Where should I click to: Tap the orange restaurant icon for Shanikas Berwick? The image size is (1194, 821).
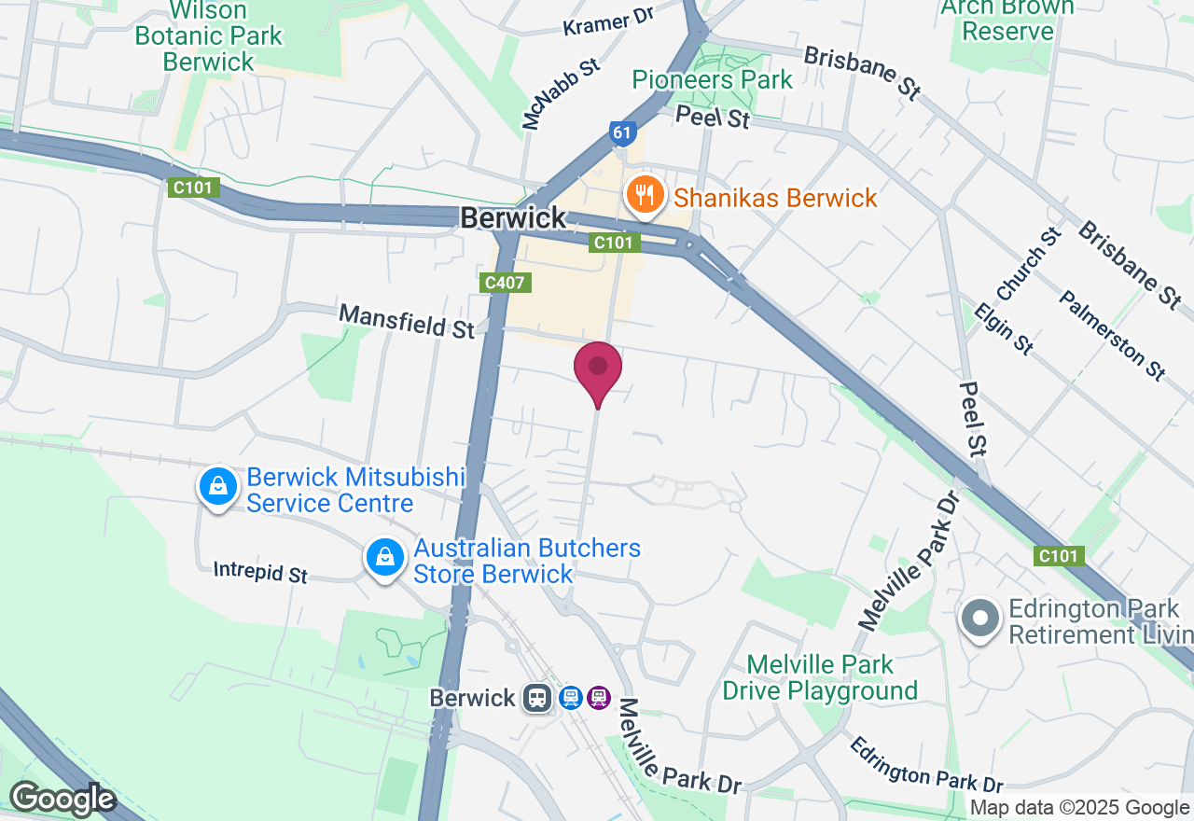tap(645, 196)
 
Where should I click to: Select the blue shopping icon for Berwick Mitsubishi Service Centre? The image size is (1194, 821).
tap(217, 486)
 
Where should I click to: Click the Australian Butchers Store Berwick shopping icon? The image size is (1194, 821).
tap(384, 558)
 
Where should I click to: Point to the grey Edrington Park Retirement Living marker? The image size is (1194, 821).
tap(979, 620)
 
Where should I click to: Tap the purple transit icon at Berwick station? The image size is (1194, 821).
tap(599, 698)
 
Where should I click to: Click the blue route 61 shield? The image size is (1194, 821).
tap(623, 132)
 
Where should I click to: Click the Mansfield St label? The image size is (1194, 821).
tap(407, 320)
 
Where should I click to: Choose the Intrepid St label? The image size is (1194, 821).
tap(260, 571)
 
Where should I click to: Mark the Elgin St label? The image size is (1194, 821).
tap(1004, 327)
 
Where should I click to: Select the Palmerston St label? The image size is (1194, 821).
tap(1112, 335)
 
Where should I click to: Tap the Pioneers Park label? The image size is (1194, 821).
tap(712, 79)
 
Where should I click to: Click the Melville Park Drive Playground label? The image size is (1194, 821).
tap(820, 677)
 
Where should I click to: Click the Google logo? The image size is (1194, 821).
tap(62, 799)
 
